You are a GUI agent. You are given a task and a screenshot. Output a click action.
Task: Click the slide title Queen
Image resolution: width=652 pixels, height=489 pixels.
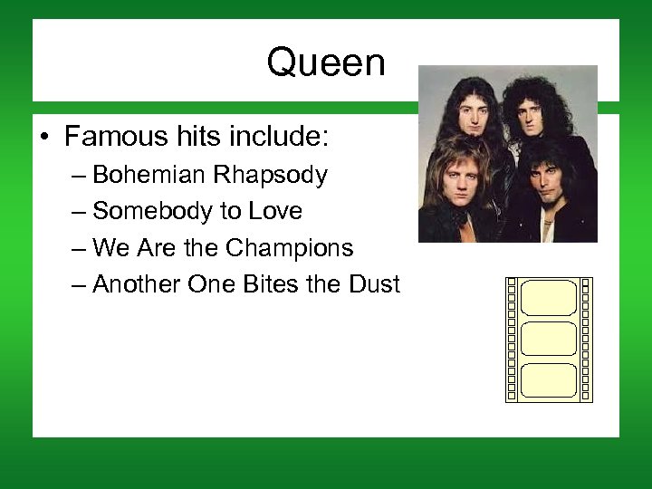326,63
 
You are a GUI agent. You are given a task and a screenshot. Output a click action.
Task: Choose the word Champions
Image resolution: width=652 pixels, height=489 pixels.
289,248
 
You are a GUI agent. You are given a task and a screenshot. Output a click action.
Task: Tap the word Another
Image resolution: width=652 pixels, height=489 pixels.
137,284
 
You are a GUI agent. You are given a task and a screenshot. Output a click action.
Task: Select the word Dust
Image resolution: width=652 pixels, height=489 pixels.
373,284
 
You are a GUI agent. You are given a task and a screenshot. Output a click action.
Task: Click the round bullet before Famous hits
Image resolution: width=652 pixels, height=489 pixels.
43,139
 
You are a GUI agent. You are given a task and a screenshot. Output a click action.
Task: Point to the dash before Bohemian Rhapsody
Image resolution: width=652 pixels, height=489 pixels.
76,176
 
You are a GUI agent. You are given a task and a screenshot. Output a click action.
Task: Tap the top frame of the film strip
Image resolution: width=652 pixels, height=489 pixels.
549,297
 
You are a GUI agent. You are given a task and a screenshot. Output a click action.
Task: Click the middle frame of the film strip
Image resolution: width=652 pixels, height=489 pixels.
549,339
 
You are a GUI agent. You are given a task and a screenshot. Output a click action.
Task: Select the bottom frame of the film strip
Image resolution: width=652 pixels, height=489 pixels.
549,380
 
